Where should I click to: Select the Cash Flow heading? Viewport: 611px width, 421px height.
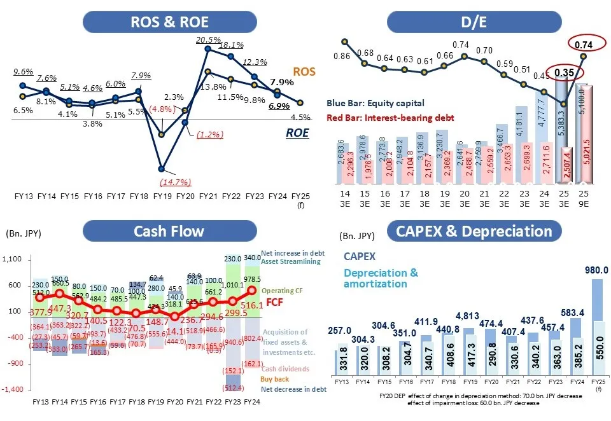point(169,230)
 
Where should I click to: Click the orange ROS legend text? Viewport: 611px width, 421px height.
point(304,72)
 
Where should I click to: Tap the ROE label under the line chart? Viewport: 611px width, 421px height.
point(297,133)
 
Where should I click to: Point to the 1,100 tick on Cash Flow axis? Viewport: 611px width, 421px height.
point(13,259)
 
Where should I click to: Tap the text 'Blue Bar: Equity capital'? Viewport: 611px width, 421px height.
point(375,103)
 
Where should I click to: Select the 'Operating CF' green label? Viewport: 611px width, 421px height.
point(282,290)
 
